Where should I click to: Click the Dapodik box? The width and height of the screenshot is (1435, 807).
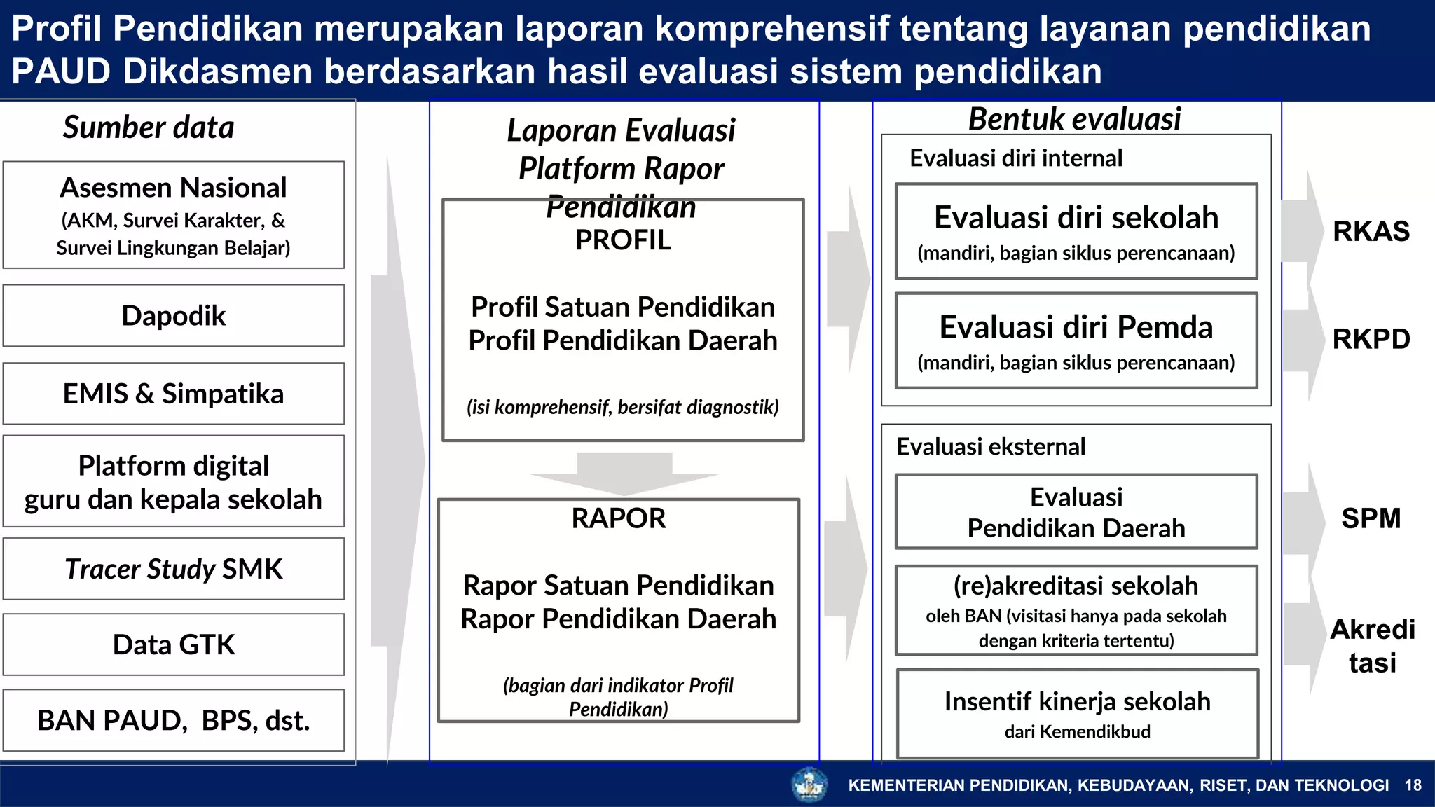pyautogui.click(x=173, y=316)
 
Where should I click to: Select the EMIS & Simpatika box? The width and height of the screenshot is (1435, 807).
pyautogui.click(x=173, y=394)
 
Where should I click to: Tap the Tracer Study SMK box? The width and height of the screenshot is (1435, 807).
pyautogui.click(x=173, y=569)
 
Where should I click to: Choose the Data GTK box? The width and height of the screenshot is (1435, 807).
pyautogui.click(x=173, y=644)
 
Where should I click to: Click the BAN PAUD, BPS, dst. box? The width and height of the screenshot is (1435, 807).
pyautogui.click(x=173, y=720)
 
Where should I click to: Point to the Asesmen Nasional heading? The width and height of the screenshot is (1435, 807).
pyautogui.click(x=173, y=188)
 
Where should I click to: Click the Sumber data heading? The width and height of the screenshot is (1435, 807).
pyautogui.click(x=149, y=127)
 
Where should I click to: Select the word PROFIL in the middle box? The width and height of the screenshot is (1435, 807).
pyautogui.click(x=623, y=240)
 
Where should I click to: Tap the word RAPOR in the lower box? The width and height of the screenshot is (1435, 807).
pyautogui.click(x=618, y=518)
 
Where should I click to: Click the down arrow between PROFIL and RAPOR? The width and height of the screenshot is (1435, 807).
pyautogui.click(x=624, y=473)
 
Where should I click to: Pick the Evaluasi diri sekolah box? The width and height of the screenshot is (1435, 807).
pyautogui.click(x=1076, y=231)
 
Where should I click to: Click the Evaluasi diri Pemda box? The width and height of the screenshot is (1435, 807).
pyautogui.click(x=1076, y=340)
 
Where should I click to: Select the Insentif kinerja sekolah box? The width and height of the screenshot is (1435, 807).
pyautogui.click(x=1077, y=713)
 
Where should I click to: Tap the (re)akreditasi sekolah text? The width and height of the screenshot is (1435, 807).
pyautogui.click(x=1076, y=586)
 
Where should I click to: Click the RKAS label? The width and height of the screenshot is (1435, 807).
pyautogui.click(x=1371, y=231)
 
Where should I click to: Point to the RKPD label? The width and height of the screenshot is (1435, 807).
pyautogui.click(x=1371, y=339)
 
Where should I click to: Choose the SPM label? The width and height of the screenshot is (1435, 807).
pyautogui.click(x=1371, y=518)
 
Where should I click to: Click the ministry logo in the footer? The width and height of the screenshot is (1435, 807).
pyautogui.click(x=809, y=785)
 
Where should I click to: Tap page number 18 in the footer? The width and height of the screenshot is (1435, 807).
pyautogui.click(x=1413, y=785)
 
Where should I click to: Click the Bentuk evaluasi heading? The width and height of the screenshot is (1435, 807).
pyautogui.click(x=1074, y=119)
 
